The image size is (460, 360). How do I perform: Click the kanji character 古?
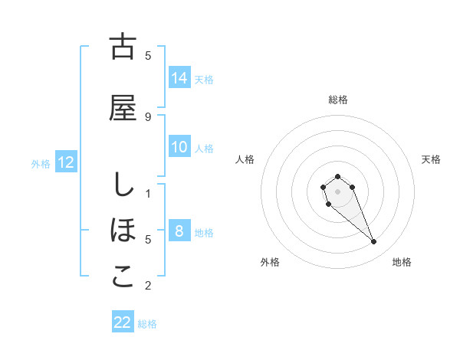[123, 47]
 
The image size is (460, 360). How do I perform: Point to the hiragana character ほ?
[123, 231]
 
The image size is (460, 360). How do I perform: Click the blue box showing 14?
[179, 77]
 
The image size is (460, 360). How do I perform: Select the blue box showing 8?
[179, 231]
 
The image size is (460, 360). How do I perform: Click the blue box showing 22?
[123, 322]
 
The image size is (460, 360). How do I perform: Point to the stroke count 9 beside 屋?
[148, 116]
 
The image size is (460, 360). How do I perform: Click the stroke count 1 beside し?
[148, 193]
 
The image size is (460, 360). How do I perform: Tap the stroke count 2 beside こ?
[148, 286]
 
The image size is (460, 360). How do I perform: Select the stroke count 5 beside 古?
[148, 55]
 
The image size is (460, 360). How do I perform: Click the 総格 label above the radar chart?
[338, 100]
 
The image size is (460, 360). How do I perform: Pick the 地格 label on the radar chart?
[402, 262]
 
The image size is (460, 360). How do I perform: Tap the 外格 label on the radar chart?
[271, 262]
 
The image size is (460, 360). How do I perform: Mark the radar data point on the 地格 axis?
[374, 242]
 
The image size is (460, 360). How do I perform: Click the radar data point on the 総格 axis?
[338, 176]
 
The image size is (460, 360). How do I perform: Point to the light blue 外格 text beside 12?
[41, 163]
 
